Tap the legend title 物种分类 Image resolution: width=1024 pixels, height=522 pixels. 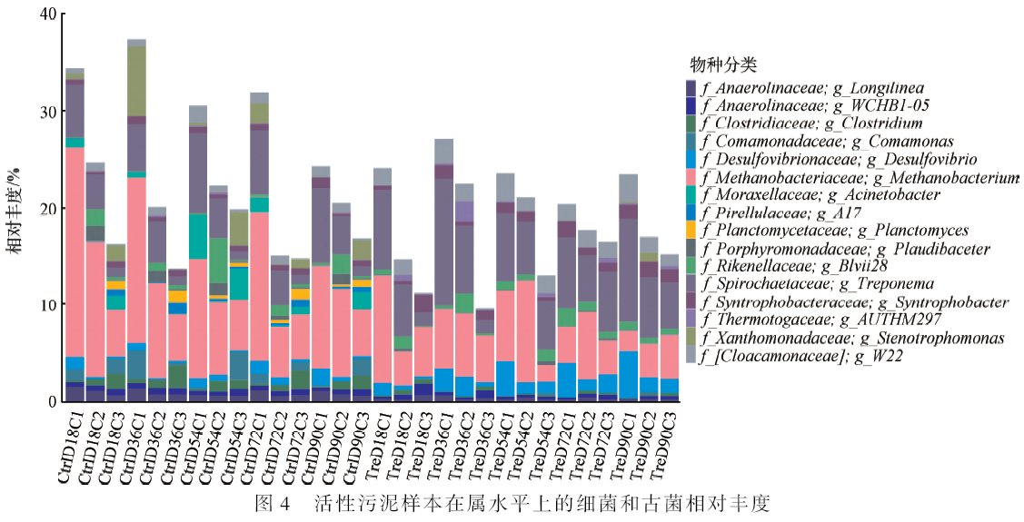[723, 65]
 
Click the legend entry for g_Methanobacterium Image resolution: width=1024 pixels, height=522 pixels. [860, 177]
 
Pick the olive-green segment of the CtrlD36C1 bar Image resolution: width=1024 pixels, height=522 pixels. [136, 81]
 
